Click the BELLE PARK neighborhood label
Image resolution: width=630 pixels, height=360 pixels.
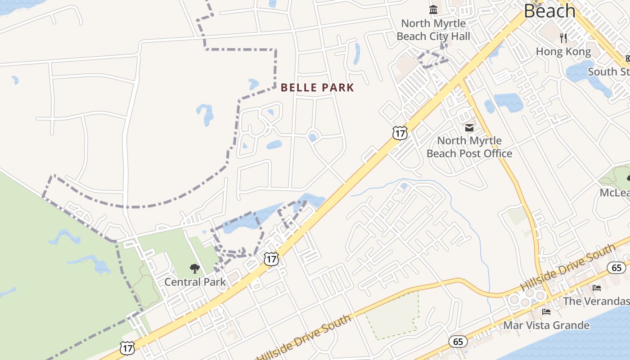pyautogui.click(x=317, y=88)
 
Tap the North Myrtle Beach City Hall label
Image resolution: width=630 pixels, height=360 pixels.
pyautogui.click(x=433, y=30)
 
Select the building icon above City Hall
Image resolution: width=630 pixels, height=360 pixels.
pyautogui.click(x=433, y=9)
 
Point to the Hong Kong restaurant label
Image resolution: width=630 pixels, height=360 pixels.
pyautogui.click(x=563, y=52)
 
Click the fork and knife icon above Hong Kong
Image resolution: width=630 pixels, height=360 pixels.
pyautogui.click(x=563, y=38)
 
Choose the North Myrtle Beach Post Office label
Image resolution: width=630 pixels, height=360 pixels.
pyautogui.click(x=469, y=147)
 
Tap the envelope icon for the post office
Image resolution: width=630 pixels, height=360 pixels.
pyautogui.click(x=469, y=128)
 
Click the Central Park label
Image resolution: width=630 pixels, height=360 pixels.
pyautogui.click(x=195, y=282)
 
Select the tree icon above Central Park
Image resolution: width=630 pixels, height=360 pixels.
pyautogui.click(x=194, y=269)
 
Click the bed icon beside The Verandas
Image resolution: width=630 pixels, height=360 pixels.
pyautogui.click(x=597, y=288)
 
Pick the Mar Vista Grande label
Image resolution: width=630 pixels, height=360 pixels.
pyautogui.click(x=546, y=325)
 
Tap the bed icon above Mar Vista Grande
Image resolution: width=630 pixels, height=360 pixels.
pyautogui.click(x=546, y=311)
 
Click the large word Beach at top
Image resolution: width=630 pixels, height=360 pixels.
pyautogui.click(x=549, y=11)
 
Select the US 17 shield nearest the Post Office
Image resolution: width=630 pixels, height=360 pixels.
pyautogui.click(x=400, y=133)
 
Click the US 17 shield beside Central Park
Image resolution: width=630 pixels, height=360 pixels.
pyautogui.click(x=271, y=259)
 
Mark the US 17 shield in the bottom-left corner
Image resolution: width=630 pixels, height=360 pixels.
pyautogui.click(x=127, y=347)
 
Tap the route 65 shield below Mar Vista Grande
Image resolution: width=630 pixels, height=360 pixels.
pyautogui.click(x=458, y=342)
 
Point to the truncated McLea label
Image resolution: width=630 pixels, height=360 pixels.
pyautogui.click(x=614, y=193)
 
